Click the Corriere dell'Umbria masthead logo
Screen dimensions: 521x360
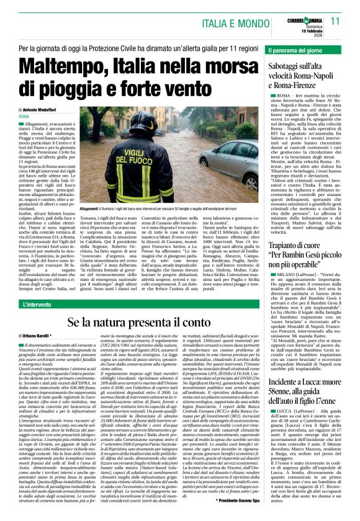pyautogui.click(x=300, y=13)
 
